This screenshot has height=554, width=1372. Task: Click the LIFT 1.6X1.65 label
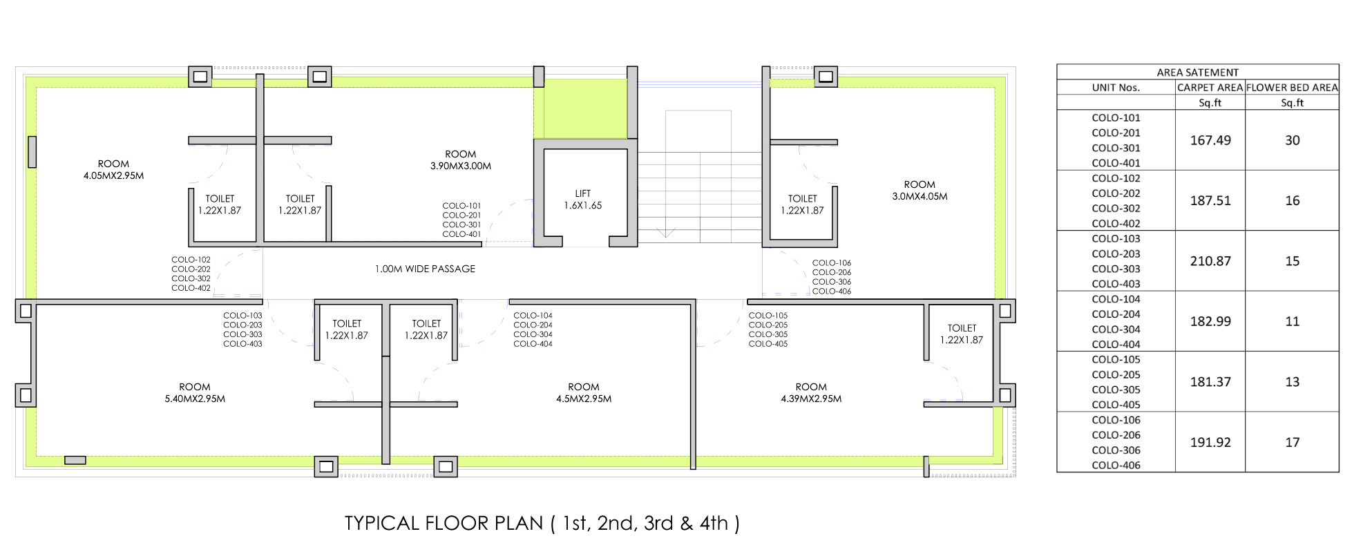pyautogui.click(x=583, y=200)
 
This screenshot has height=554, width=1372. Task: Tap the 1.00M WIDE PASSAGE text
pyautogui.click(x=425, y=269)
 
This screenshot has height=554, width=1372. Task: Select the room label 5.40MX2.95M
pyautogui.click(x=195, y=393)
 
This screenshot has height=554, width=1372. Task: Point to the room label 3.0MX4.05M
pyautogui.click(x=920, y=191)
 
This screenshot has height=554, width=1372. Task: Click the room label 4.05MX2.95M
pyautogui.click(x=114, y=170)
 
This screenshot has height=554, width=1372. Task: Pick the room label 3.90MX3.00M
pyautogui.click(x=461, y=160)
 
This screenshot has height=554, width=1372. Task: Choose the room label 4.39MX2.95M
pyautogui.click(x=811, y=393)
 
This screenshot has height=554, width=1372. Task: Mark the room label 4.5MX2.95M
pyautogui.click(x=584, y=393)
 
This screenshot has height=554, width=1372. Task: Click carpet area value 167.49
pyautogui.click(x=1210, y=140)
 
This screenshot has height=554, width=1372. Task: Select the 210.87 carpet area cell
pyautogui.click(x=1210, y=261)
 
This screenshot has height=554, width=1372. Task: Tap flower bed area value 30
pyautogui.click(x=1293, y=140)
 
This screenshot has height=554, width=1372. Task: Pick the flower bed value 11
pyautogui.click(x=1293, y=321)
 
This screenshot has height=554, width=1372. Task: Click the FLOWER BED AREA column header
pyautogui.click(x=1292, y=88)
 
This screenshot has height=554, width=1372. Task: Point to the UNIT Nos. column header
pyautogui.click(x=1116, y=88)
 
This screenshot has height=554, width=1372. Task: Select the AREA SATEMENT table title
pyautogui.click(x=1198, y=73)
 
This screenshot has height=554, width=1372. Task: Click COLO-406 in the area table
pyautogui.click(x=1116, y=465)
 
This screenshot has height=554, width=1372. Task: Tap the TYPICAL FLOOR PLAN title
pyautogui.click(x=542, y=523)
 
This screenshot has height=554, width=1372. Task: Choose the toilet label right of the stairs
pyautogui.click(x=802, y=204)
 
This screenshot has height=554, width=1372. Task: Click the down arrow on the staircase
pyautogui.click(x=665, y=232)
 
